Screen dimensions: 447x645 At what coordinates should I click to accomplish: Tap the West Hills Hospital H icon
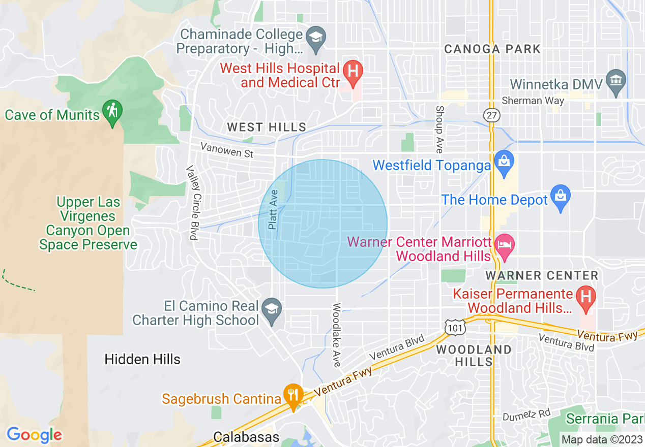pyautogui.click(x=352, y=70)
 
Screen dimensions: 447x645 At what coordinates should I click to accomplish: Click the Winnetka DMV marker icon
pyautogui.click(x=616, y=81)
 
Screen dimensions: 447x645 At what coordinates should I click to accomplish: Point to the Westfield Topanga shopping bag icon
pyautogui.click(x=504, y=162)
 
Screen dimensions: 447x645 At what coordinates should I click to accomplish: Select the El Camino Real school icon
pyautogui.click(x=272, y=309)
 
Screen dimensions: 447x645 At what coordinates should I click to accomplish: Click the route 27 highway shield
pyautogui.click(x=492, y=115)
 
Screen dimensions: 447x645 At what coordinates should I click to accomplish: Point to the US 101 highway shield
pyautogui.click(x=454, y=328)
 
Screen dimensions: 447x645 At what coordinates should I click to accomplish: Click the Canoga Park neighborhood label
pyautogui.click(x=492, y=49)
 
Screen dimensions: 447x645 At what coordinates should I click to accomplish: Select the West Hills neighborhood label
pyautogui.click(x=267, y=127)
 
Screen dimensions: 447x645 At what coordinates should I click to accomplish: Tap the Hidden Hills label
pyautogui.click(x=142, y=360)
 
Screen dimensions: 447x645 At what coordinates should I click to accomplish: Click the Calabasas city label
pyautogui.click(x=246, y=437)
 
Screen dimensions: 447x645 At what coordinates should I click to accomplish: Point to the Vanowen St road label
pyautogui.click(x=227, y=150)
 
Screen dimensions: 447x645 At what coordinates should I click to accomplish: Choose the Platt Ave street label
pyautogui.click(x=273, y=209)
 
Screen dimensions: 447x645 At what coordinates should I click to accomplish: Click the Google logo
pyautogui.click(x=34, y=435)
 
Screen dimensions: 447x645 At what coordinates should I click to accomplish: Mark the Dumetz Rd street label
pyautogui.click(x=526, y=416)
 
